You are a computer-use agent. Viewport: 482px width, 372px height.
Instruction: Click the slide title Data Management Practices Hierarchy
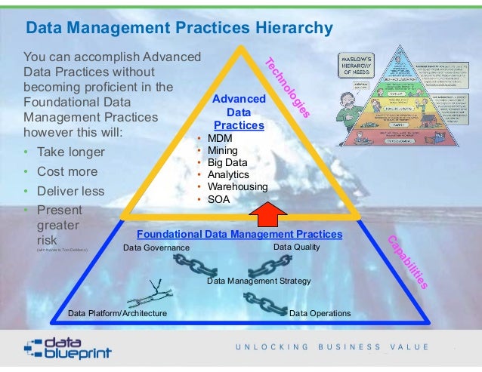pyautogui.click(x=179, y=29)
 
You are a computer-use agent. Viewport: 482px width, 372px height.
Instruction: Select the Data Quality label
pyautogui.click(x=297, y=247)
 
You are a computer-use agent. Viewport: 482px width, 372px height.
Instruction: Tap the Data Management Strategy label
pyautogui.click(x=259, y=281)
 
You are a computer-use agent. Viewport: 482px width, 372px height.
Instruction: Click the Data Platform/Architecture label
pyautogui.click(x=117, y=312)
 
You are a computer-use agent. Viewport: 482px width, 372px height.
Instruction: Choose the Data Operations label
pyautogui.click(x=320, y=312)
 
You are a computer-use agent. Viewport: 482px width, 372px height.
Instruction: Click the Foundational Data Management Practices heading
pyautogui.click(x=239, y=235)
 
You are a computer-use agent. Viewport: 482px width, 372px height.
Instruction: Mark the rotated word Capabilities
pyautogui.click(x=408, y=263)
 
